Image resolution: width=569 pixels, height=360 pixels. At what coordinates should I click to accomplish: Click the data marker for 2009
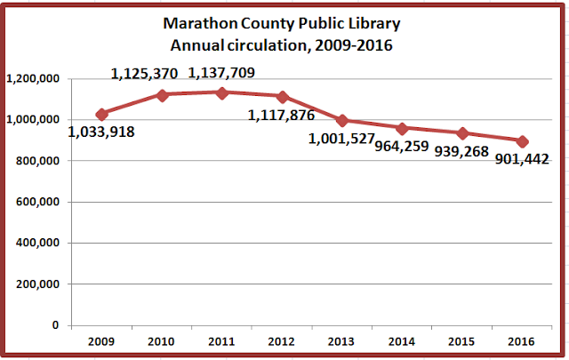101,114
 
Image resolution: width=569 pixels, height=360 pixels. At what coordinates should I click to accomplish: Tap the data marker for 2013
343,120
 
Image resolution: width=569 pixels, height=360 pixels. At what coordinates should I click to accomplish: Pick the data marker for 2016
523,141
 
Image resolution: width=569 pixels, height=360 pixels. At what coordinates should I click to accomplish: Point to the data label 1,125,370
145,74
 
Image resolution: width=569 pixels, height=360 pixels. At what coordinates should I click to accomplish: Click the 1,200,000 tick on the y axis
32,79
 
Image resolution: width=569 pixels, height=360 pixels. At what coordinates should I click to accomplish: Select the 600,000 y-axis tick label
36,202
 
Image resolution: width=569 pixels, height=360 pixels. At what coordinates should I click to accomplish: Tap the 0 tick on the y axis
55,325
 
